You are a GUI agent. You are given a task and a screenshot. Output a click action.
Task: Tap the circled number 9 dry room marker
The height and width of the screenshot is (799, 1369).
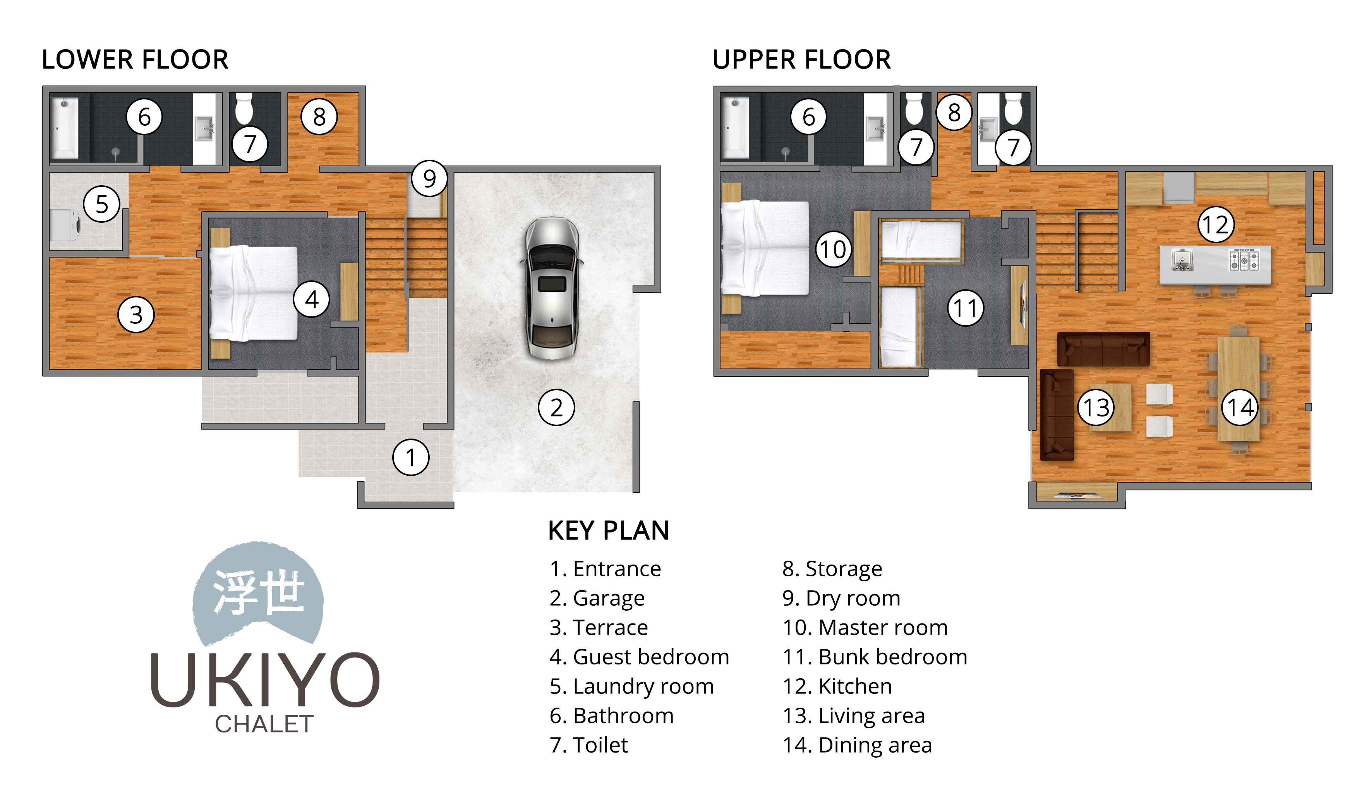point(429,178)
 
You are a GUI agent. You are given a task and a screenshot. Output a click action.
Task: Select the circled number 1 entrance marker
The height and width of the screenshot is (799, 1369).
point(411,458)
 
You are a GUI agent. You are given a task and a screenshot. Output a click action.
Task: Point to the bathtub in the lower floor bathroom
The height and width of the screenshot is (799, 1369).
point(63,128)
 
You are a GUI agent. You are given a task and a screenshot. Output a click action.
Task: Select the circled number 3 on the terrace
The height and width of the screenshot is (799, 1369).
point(136,315)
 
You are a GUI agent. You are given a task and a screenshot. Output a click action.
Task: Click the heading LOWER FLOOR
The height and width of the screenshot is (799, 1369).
point(135,60)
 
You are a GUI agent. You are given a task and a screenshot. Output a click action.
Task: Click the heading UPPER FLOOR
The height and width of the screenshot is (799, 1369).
point(801,60)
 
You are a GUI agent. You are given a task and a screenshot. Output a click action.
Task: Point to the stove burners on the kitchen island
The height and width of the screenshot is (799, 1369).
point(1244,260)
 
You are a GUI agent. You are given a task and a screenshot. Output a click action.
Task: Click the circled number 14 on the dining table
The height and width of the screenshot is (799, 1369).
point(1240,408)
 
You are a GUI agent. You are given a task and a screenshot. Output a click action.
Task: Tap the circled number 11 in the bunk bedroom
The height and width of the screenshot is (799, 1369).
point(965,308)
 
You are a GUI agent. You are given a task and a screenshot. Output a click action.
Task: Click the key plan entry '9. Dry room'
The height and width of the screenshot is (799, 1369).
point(841,598)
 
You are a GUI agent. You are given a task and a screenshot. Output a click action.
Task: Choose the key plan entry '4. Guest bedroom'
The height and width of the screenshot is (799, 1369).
point(639,657)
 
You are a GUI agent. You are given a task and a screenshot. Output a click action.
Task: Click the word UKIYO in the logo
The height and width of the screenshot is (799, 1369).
point(264,679)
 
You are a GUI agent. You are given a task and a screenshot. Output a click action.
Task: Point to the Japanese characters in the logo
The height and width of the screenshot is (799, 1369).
point(259,593)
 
